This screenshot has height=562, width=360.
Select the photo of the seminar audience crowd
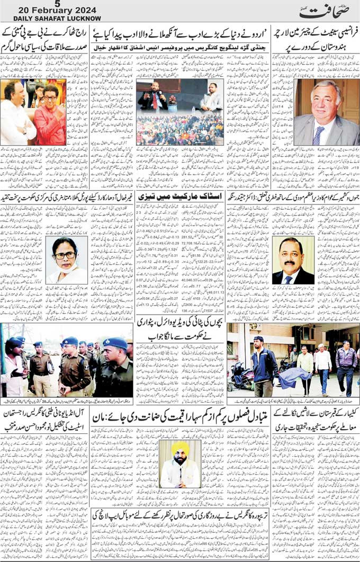[x=179, y=130]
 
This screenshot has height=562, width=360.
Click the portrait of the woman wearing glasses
[x=66, y=260]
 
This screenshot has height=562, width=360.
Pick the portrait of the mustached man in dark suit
[x=293, y=261]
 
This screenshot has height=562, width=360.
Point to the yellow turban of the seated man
[x=181, y=448]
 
